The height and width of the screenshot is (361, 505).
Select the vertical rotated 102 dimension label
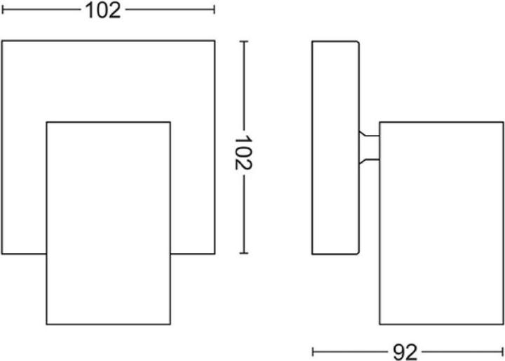243,153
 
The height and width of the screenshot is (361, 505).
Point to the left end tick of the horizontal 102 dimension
2,10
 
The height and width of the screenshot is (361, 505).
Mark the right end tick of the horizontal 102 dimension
214,10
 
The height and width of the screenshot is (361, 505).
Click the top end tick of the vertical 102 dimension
243,41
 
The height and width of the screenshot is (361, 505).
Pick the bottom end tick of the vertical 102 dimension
243,254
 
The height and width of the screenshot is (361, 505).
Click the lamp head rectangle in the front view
108,223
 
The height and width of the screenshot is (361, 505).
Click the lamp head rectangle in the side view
441,223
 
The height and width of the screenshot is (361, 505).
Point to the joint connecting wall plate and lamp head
370,147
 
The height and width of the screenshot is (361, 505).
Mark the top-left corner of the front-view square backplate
2,41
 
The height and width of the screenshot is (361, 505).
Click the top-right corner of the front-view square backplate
214,41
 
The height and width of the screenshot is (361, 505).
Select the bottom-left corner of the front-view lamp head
46,324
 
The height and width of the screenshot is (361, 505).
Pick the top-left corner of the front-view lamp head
46,122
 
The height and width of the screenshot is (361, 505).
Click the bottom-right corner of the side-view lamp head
503,324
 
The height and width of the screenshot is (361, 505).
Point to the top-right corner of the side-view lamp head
503,122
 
